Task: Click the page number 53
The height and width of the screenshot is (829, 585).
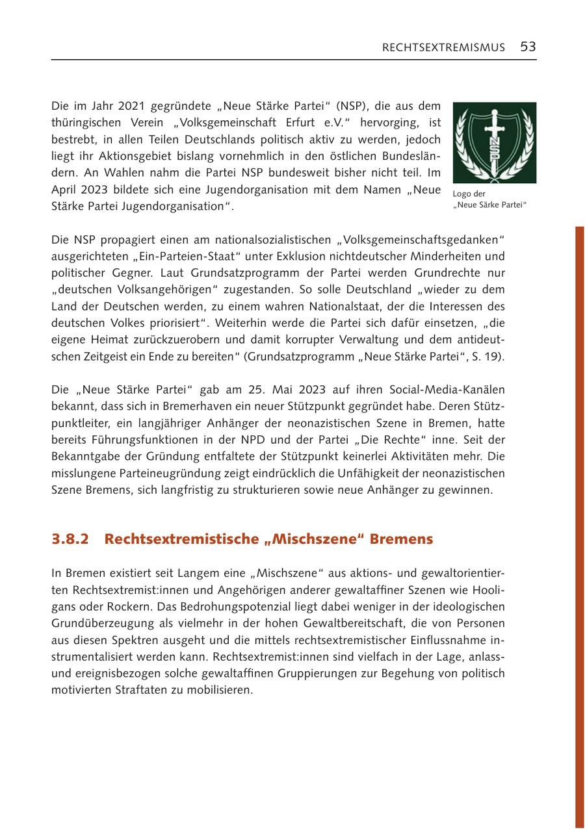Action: tap(528, 47)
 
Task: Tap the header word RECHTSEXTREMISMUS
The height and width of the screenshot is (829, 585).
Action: tap(443, 47)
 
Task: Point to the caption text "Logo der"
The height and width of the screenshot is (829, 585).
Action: tap(469, 194)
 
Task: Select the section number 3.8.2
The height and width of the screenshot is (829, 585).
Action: tap(70, 539)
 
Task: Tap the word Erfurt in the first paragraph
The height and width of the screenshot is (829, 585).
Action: tap(289, 122)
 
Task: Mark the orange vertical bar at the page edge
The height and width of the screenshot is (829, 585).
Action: tap(579, 520)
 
